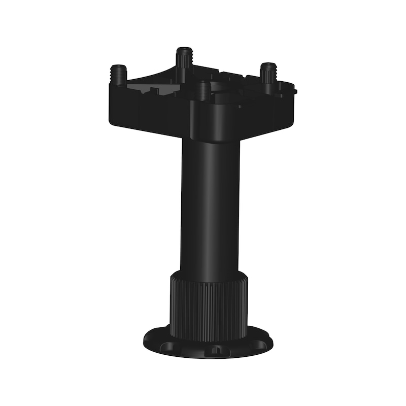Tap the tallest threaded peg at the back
183,61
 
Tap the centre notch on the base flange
215,350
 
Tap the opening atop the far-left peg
119,67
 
